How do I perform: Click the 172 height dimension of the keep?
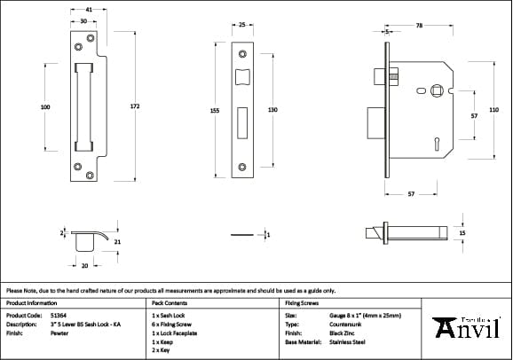(135, 106)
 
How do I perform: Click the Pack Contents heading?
(170, 303)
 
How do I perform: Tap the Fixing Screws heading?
(301, 303)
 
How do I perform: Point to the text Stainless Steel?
(346, 341)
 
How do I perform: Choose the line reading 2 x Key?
(162, 349)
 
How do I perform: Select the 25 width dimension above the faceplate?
(241, 26)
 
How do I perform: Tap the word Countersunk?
(343, 324)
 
